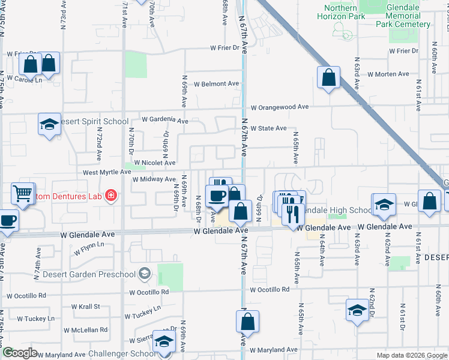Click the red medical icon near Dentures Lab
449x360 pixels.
(110, 195)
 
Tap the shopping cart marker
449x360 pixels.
(22, 194)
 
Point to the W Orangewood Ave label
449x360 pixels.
(279, 107)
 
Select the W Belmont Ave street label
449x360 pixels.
(211, 84)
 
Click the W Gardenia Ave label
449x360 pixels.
(165, 121)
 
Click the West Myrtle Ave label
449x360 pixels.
(107, 172)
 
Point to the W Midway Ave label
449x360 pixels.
(154, 179)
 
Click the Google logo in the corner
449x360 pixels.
(20, 353)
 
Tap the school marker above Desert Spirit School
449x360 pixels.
(49, 124)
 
